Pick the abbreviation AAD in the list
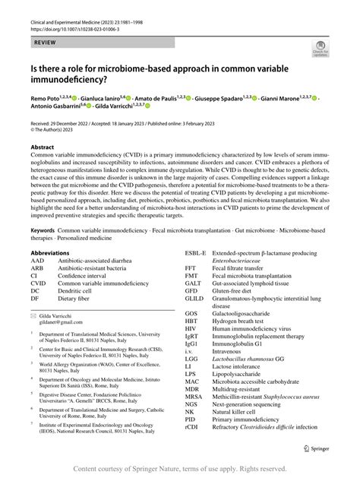39,260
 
